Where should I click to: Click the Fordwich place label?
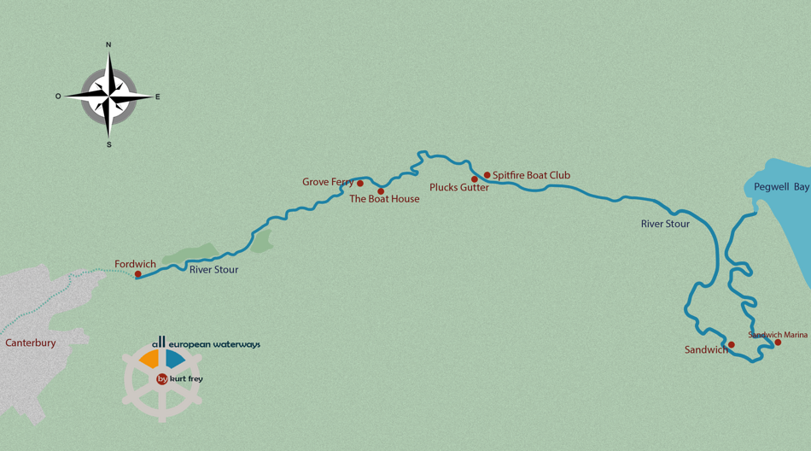[x=135, y=264]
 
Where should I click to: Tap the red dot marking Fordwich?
[x=138, y=274]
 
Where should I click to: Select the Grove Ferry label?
[x=328, y=182]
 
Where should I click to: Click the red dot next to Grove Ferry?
[x=360, y=184]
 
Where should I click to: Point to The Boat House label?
[x=384, y=199]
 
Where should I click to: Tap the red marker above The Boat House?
[x=381, y=191]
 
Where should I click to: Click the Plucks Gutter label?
[x=458, y=188]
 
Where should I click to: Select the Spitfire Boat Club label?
[x=531, y=176]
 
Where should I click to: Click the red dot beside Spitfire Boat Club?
[x=487, y=175]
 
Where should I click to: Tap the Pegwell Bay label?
[x=777, y=186]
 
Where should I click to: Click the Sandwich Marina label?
[x=778, y=335]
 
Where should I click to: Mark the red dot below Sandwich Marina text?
[x=778, y=343]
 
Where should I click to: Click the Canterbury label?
[x=31, y=343]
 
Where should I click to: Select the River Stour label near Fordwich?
[x=213, y=270]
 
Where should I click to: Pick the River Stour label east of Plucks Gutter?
[x=665, y=224]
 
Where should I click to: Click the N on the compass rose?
[x=108, y=44]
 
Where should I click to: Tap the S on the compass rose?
[x=108, y=144]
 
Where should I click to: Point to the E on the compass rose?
[x=158, y=97]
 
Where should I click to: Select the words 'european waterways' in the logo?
[x=215, y=345]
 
